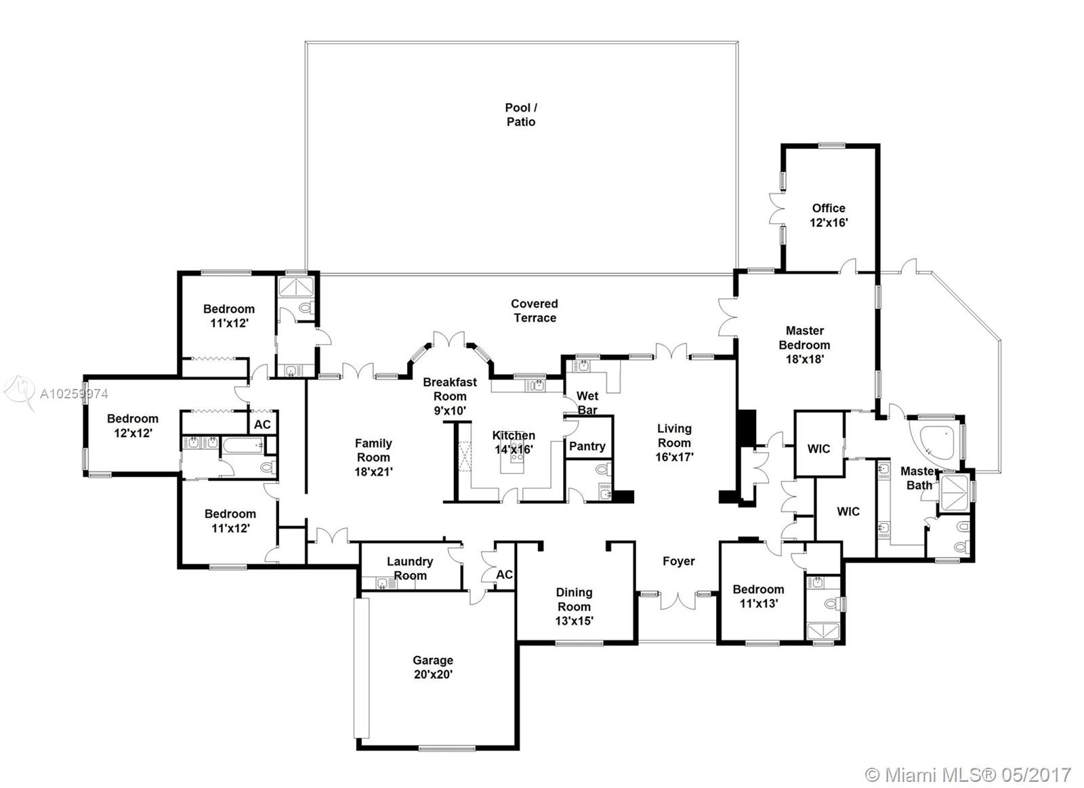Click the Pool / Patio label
[x=521, y=115]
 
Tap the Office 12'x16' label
[x=829, y=215]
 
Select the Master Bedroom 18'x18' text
[x=804, y=345]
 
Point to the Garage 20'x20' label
[x=433, y=667]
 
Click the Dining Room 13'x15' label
[x=574, y=606]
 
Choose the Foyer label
[x=678, y=561]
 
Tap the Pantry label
[x=587, y=446]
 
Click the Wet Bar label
[x=587, y=402]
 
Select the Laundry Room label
[x=409, y=568]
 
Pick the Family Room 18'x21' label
[x=373, y=457]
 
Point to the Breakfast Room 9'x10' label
[x=450, y=396]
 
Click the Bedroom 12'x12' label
[x=133, y=426]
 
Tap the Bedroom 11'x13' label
[x=758, y=596]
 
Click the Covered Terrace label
[x=535, y=310]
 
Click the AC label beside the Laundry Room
[x=504, y=574]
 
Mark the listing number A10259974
[x=74, y=394]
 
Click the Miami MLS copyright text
[x=968, y=774]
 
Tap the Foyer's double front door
[x=678, y=600]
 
